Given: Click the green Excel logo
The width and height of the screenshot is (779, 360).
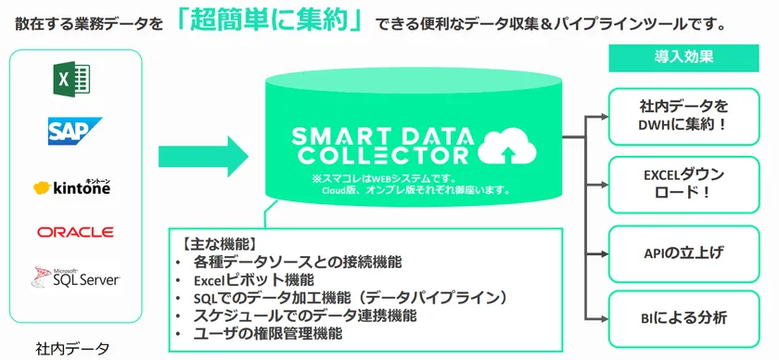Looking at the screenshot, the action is click(x=72, y=79).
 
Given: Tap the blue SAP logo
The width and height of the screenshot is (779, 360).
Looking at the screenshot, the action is click(x=74, y=131).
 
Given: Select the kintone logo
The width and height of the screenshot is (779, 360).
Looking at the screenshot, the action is click(x=72, y=187).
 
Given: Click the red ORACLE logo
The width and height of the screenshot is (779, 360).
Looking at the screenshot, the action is click(x=75, y=232).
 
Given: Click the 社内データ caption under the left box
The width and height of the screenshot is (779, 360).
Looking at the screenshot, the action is click(x=72, y=349).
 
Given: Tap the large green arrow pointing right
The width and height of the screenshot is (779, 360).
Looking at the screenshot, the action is click(x=203, y=156).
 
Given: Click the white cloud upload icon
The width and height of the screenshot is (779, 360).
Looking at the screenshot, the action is click(x=506, y=148).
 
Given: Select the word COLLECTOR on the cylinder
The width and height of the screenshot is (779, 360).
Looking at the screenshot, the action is click(x=386, y=155).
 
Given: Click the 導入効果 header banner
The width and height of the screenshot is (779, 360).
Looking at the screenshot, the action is click(x=683, y=58).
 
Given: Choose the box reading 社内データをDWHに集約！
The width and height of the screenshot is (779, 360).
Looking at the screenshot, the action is click(x=683, y=116).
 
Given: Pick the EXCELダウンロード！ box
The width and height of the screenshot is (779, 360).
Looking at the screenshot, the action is click(x=683, y=185).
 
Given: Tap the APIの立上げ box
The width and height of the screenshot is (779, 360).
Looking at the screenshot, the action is click(x=683, y=252).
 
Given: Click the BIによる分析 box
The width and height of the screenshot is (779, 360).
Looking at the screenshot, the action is click(x=683, y=318).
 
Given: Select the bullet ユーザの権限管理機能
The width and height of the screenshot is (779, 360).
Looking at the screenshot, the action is click(x=268, y=333).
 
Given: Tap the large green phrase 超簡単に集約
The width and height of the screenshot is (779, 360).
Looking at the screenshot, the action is click(x=270, y=23).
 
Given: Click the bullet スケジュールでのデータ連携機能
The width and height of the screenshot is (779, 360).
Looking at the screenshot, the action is click(x=304, y=315).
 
